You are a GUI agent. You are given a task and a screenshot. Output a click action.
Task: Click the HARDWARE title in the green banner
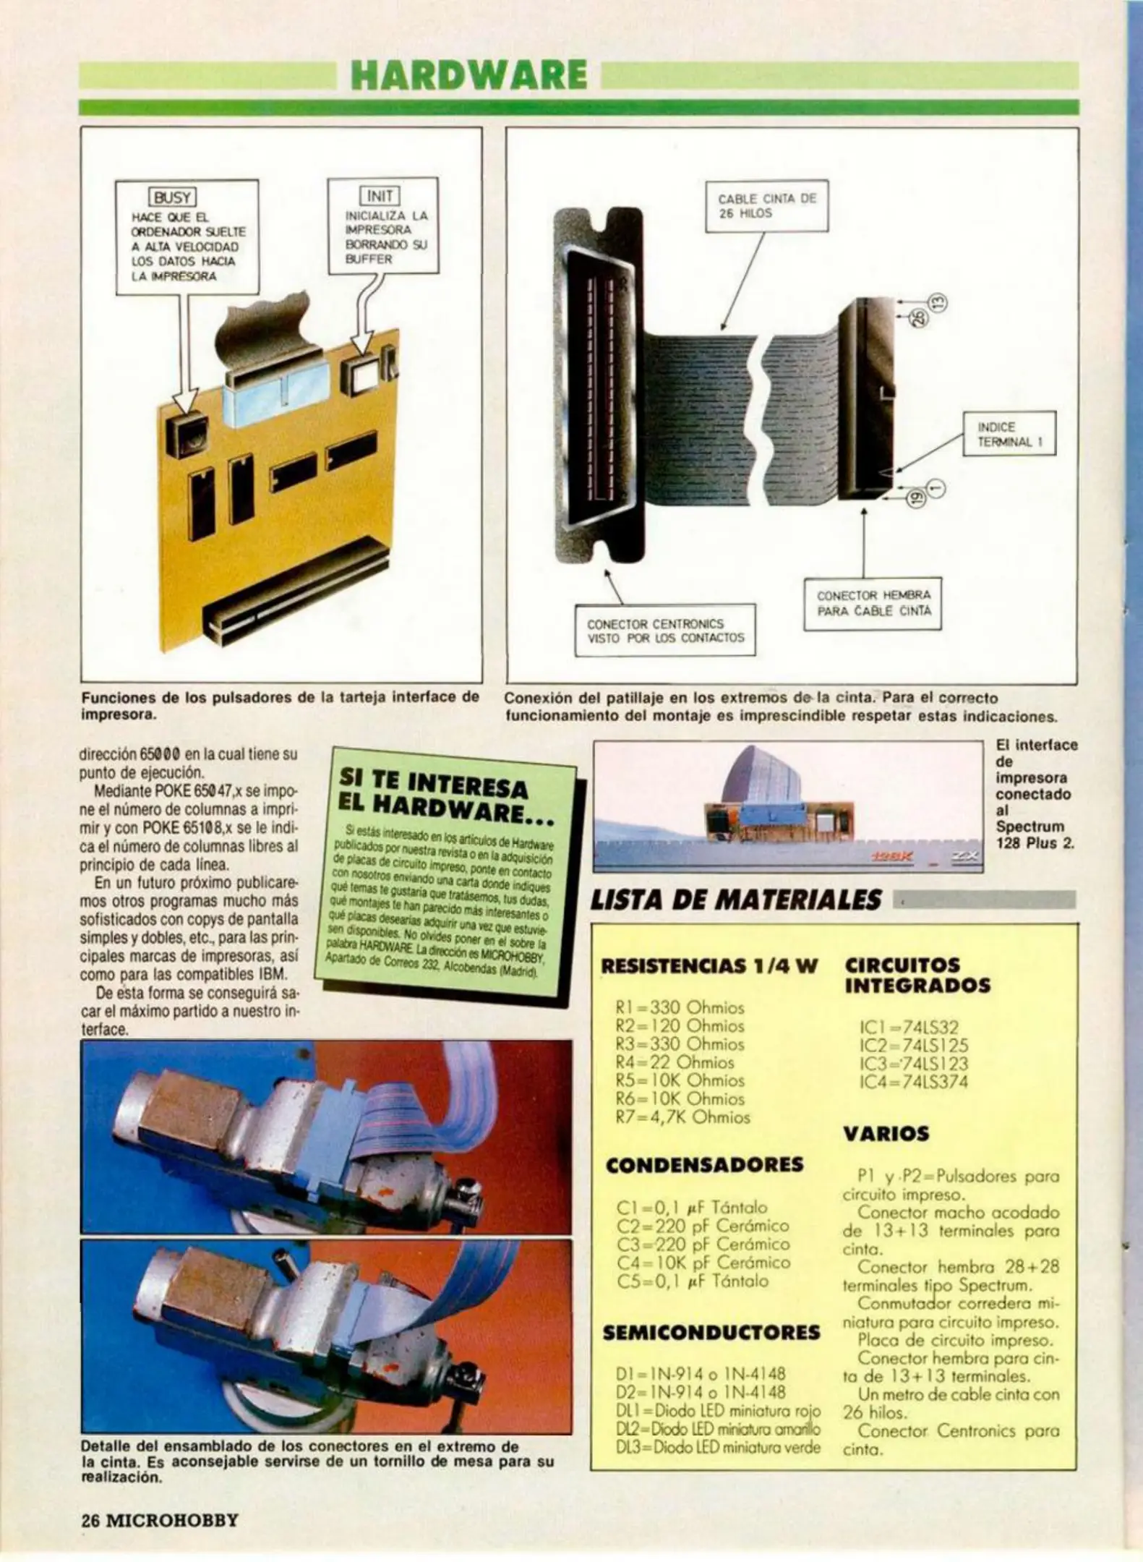pyautogui.click(x=468, y=75)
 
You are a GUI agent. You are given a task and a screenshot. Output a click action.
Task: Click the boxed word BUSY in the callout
pyautogui.click(x=172, y=197)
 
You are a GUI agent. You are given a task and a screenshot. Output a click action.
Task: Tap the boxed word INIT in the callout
pyautogui.click(x=380, y=195)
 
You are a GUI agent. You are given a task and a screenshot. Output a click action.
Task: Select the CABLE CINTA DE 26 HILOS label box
pyautogui.click(x=766, y=206)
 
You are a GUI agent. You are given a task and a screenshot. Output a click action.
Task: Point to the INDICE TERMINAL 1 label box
pyautogui.click(x=1009, y=434)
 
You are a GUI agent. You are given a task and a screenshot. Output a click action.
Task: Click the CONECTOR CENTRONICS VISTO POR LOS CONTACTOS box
pyautogui.click(x=664, y=631)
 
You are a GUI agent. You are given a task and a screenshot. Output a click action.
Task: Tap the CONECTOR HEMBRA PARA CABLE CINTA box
pyautogui.click(x=873, y=603)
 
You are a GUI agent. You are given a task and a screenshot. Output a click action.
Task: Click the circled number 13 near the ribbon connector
pyautogui.click(x=937, y=303)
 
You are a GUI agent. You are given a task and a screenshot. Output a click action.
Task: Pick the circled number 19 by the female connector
pyautogui.click(x=915, y=498)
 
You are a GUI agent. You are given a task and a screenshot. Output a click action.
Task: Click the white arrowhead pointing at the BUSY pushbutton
pyautogui.click(x=187, y=399)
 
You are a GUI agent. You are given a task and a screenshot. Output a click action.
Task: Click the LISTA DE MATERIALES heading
pyautogui.click(x=736, y=900)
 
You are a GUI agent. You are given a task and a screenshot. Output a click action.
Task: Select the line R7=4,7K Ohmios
pyautogui.click(x=682, y=1117)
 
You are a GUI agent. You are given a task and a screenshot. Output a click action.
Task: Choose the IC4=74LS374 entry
pyautogui.click(x=913, y=1083)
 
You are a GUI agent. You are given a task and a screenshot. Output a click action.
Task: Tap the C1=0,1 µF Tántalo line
pyautogui.click(x=692, y=1208)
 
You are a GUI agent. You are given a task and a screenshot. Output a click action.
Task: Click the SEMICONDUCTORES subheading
pyautogui.click(x=711, y=1333)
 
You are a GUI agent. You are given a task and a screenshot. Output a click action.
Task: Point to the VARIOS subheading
pyautogui.click(x=886, y=1134)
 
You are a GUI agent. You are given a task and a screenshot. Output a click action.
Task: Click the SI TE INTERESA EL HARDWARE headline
pyautogui.click(x=445, y=796)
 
